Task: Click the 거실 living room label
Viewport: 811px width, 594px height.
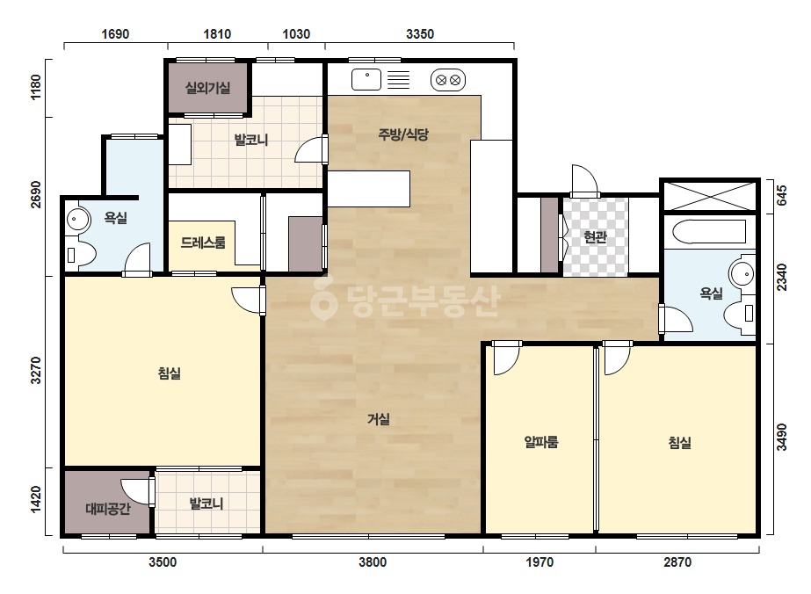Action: (x=379, y=419)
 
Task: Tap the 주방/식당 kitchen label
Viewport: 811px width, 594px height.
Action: (x=403, y=135)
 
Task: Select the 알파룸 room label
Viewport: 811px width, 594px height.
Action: (x=541, y=442)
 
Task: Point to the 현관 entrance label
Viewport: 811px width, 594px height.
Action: (x=595, y=237)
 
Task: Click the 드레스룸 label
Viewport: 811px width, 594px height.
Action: (x=203, y=243)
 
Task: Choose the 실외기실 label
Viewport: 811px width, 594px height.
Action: (x=207, y=88)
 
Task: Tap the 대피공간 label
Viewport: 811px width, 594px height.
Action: (x=107, y=509)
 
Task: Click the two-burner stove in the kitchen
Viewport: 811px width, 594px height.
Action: (x=448, y=80)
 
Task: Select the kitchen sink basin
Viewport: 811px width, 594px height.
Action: (x=366, y=80)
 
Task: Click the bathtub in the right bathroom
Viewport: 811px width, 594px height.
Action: (x=709, y=231)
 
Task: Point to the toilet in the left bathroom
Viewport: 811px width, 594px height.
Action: (x=81, y=255)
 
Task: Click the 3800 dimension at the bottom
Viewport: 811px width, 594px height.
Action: (x=373, y=562)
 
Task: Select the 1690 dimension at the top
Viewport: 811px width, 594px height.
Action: (x=115, y=34)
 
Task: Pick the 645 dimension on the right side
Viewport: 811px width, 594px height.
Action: (x=781, y=196)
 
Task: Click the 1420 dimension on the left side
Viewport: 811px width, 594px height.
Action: (x=36, y=500)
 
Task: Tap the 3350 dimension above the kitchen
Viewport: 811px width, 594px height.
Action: (x=419, y=34)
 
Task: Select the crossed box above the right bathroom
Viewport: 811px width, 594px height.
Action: (x=709, y=196)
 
